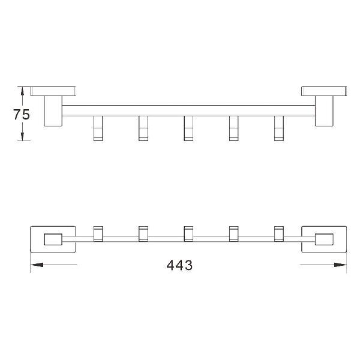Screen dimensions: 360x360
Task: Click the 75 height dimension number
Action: (22, 115)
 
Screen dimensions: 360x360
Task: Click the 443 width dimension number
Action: (179, 265)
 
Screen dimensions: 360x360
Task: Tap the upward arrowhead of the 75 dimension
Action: (22, 91)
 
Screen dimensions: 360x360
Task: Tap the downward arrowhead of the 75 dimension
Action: (22, 136)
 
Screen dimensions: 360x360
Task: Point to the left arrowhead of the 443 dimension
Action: (37, 265)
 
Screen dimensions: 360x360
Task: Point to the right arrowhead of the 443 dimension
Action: (340, 265)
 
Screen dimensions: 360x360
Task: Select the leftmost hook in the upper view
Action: (98, 128)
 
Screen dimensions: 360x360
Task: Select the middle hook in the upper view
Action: (188, 128)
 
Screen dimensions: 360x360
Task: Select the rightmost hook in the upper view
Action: (279, 128)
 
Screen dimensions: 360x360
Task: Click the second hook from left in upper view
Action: (143, 128)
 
